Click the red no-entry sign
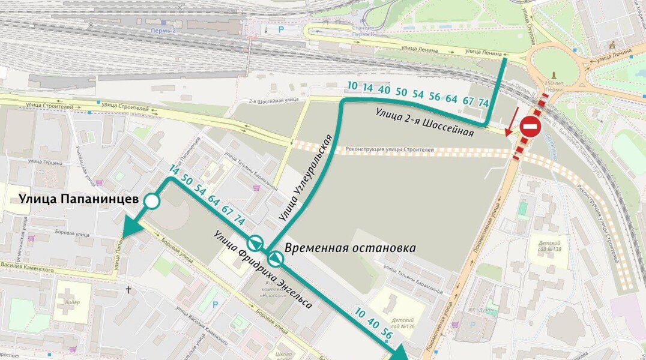tap(530, 127)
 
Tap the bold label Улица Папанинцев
tap(79, 199)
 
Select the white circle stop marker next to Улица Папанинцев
tap(152, 202)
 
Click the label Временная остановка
tap(350, 248)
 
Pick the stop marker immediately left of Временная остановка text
tap(276, 259)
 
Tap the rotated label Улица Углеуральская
tap(306, 178)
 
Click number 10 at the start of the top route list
tap(352, 86)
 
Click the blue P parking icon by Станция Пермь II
tap(280, 29)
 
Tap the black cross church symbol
tap(128, 290)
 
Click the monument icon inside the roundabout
tap(553, 75)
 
